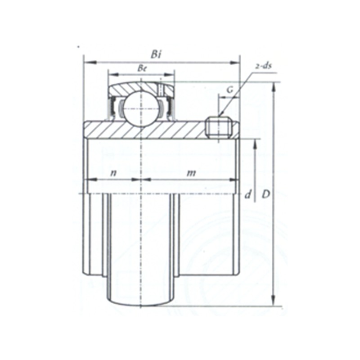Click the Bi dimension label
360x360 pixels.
[x=156, y=54]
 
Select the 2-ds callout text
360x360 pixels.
[x=263, y=66]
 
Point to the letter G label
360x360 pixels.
[x=230, y=90]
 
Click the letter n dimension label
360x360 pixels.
[x=113, y=173]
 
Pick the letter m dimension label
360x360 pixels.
[x=191, y=173]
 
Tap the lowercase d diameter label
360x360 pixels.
[x=247, y=195]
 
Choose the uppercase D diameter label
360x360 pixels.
[x=266, y=195]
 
